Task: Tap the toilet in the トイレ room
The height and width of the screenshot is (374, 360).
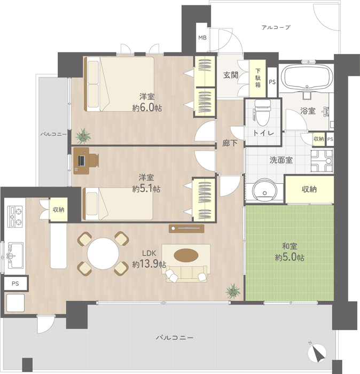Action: pos(262,112)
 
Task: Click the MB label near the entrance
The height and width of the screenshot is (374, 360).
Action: pos(202,38)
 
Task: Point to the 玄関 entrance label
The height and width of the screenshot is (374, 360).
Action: pos(231,75)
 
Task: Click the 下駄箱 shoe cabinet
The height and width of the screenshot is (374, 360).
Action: pos(257,79)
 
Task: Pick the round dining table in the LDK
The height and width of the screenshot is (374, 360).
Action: pos(103,254)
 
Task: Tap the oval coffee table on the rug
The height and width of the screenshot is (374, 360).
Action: pos(186,255)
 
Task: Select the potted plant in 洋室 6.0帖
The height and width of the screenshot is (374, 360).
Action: pos(83,136)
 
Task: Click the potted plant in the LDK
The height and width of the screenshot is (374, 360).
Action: pos(233,291)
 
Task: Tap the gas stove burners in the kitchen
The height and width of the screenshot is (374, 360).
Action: pos(15,216)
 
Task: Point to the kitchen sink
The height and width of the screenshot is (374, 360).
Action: pos(15,255)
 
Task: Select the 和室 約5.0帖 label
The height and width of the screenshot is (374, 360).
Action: pos(289,252)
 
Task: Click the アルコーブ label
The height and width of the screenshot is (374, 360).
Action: pos(276,27)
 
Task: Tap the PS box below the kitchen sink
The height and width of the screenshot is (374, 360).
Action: pos(15,283)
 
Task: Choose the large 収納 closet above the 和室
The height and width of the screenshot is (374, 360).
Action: pos(309,189)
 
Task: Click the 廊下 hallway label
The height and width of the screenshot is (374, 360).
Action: pos(230,143)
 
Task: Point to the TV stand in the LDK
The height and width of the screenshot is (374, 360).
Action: pos(186,229)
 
